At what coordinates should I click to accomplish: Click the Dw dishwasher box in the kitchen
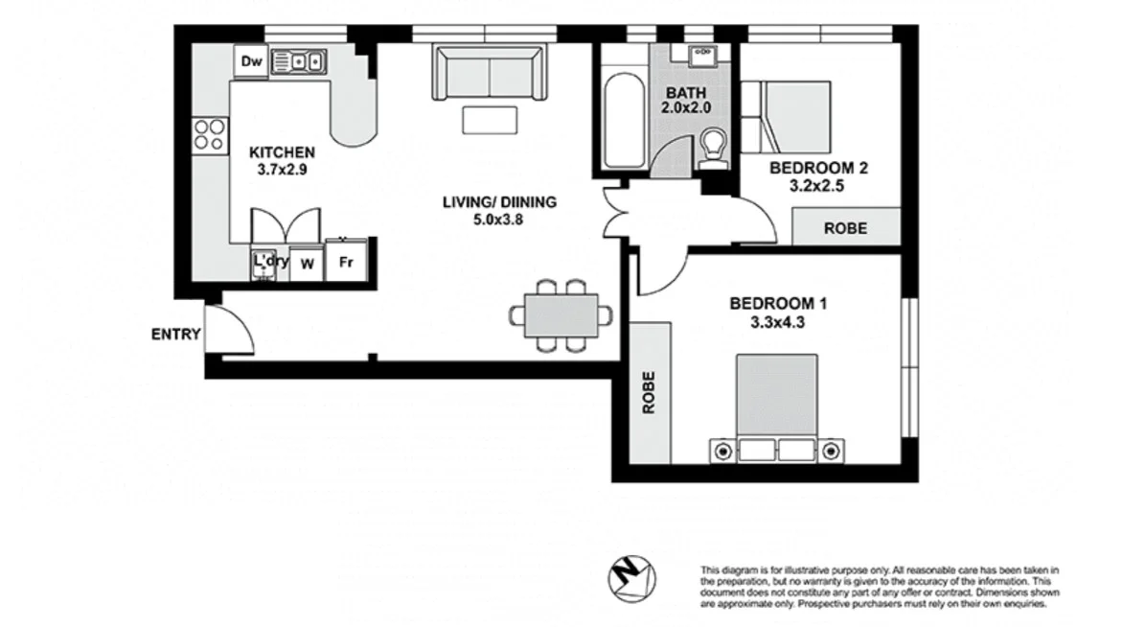tap(251, 62)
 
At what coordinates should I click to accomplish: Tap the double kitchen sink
tap(299, 62)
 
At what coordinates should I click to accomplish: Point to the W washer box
tap(308, 263)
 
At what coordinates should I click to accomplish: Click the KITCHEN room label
tap(282, 152)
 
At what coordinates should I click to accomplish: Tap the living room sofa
tap(491, 72)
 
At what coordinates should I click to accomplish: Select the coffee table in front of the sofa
tap(491, 120)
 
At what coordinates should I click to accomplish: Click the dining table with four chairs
tap(561, 314)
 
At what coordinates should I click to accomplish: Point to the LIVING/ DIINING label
tap(499, 202)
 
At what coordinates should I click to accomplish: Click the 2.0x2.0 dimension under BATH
tap(686, 108)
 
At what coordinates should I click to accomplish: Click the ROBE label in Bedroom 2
tap(846, 228)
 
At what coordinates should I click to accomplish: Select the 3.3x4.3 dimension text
tap(778, 322)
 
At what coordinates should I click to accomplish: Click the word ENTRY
tap(175, 335)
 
